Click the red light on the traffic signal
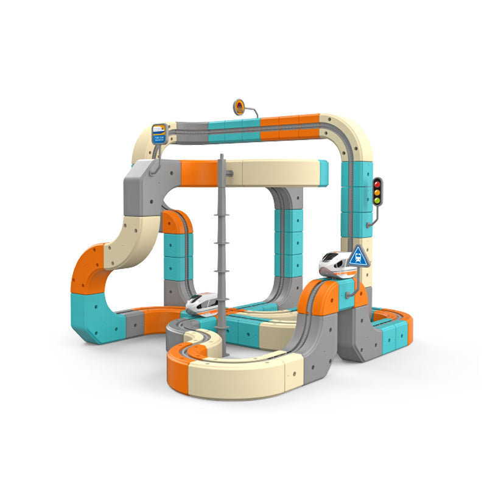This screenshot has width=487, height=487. pyautogui.click(x=377, y=183)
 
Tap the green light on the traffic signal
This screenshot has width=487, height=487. pyautogui.click(x=377, y=200)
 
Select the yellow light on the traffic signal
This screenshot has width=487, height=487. pyautogui.click(x=377, y=191)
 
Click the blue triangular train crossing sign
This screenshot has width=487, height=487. pyautogui.click(x=359, y=256)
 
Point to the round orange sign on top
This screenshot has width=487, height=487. pyautogui.click(x=239, y=107)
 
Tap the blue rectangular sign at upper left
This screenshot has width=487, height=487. pyautogui.click(x=159, y=132)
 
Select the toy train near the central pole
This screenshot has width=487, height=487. pyautogui.click(x=202, y=303)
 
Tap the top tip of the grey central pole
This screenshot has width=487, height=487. pyautogui.click(x=222, y=156)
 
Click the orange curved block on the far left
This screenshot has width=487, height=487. pyautogui.click(x=88, y=271)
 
